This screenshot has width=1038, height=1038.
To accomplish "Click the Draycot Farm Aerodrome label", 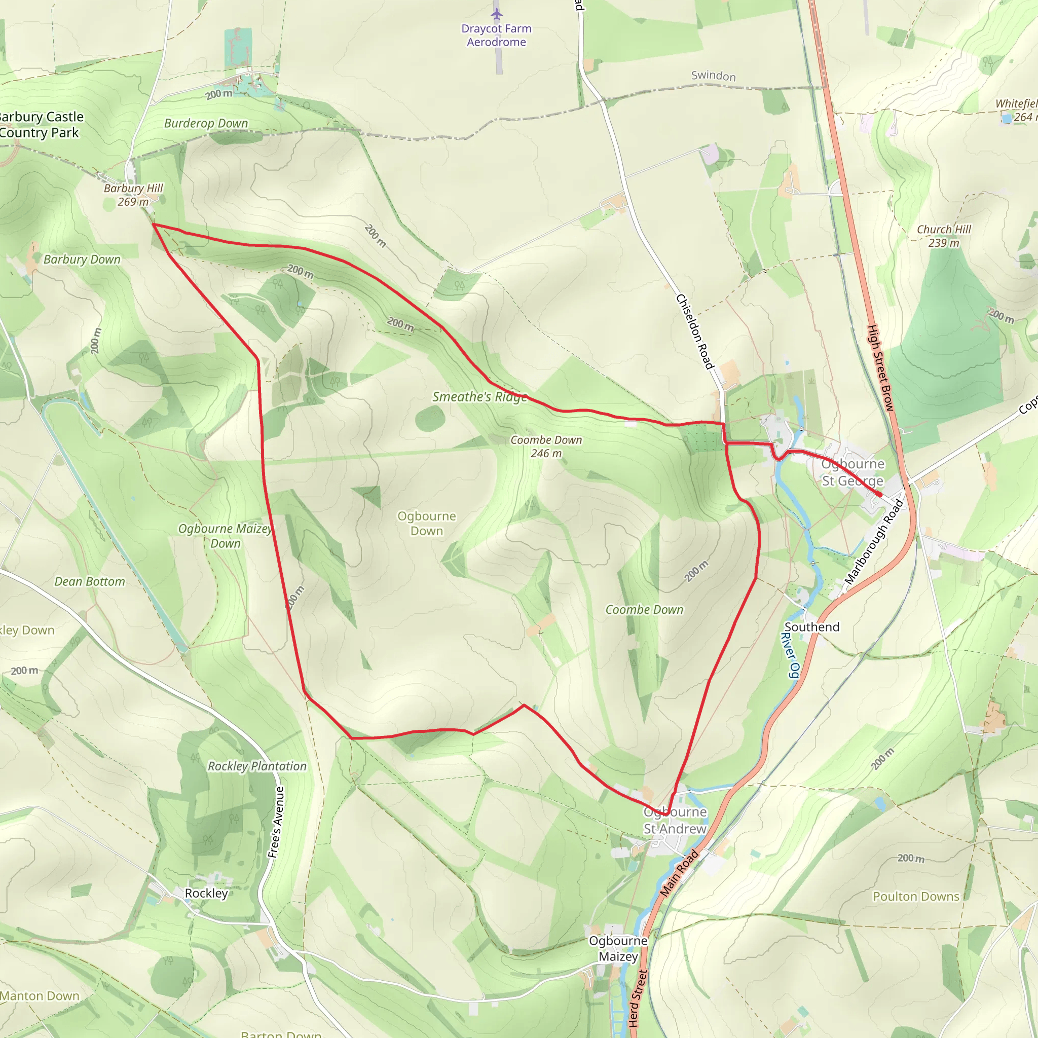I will tap(496, 35).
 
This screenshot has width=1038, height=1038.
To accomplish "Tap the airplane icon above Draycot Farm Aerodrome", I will tap(496, 14).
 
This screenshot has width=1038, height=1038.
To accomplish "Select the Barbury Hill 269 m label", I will tap(133, 195).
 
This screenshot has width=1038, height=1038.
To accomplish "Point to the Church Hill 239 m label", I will tap(944, 236).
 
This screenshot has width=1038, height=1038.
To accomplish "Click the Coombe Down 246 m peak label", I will tap(546, 447).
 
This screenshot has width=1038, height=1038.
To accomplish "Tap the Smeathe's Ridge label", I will tap(479, 397).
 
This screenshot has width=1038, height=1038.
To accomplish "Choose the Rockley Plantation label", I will tap(257, 766).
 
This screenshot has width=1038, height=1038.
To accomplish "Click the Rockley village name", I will tap(206, 893).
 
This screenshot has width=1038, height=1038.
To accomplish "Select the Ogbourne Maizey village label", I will tap(618, 948).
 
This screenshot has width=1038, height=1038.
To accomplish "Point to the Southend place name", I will tap(811, 627).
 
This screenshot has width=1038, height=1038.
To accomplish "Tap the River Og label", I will tap(790, 655).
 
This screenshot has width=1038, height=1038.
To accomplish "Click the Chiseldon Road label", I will tap(695, 331).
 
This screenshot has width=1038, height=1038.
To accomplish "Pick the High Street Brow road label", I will tap(880, 368).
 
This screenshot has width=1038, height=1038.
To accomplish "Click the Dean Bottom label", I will tap(90, 581).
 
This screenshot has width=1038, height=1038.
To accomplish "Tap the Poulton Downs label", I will tap(915, 896).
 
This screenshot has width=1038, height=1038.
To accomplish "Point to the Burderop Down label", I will tap(206, 123).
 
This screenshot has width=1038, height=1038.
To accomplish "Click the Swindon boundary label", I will tap(713, 76).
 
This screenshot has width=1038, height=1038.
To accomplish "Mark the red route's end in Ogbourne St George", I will tap(879, 495).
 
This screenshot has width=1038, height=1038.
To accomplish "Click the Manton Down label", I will tap(40, 995).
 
